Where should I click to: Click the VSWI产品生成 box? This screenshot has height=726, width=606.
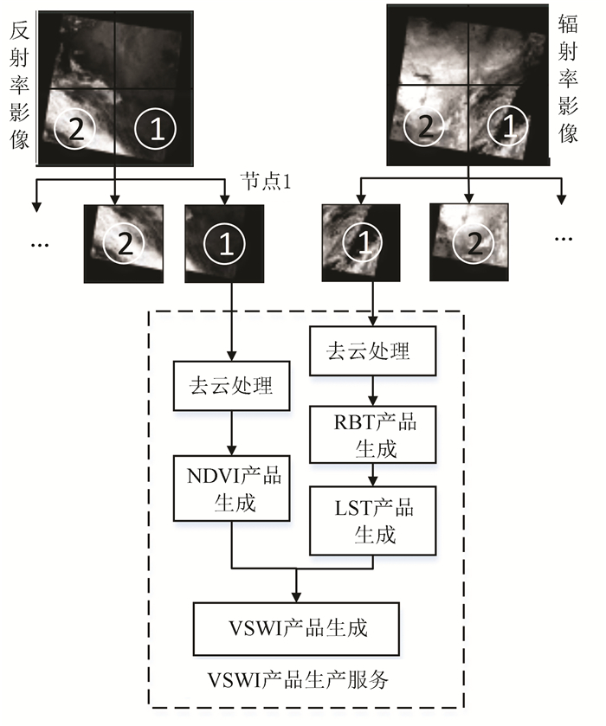click(296, 627)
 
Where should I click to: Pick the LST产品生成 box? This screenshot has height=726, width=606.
click(374, 519)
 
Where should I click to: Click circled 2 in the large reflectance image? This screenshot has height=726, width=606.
click(74, 129)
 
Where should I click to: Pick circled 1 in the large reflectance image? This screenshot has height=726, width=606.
click(157, 129)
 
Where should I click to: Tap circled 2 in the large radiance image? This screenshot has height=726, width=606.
click(424, 128)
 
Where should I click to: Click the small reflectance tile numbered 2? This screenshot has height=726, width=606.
click(123, 243)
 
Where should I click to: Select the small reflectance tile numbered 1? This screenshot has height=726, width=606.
click(224, 244)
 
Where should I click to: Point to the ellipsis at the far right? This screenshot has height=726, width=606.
click(564, 236)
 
